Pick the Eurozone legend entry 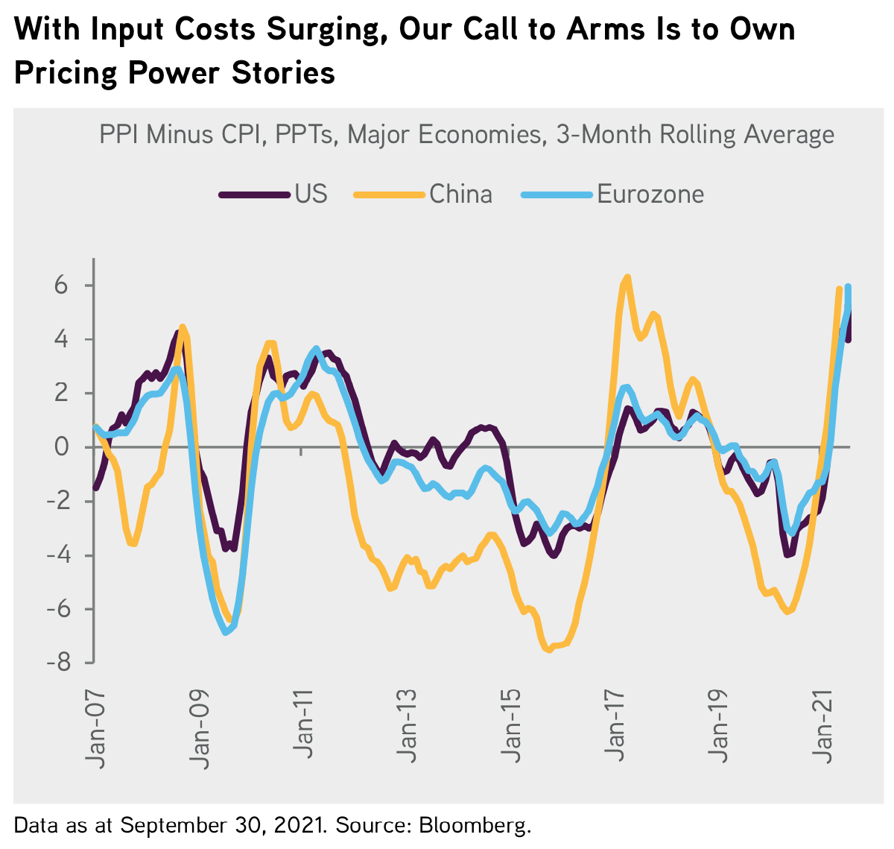(650, 194)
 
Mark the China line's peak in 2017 (627, 277)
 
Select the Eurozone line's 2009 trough (225, 632)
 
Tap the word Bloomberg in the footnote (475, 825)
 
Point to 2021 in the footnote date (298, 825)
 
